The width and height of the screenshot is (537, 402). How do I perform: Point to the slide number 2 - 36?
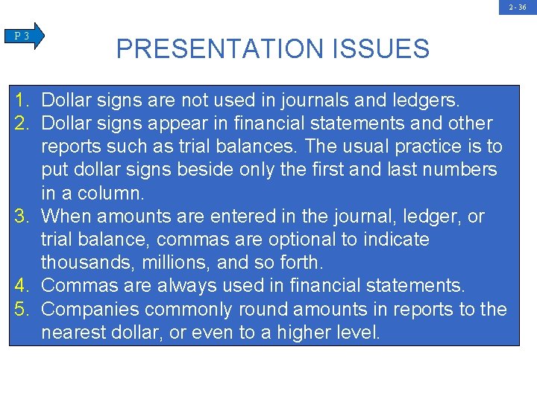click(x=518, y=7)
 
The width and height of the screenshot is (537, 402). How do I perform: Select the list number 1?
click(x=22, y=100)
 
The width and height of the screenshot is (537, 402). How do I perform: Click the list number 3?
click(x=22, y=217)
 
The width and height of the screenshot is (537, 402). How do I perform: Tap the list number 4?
click(x=22, y=285)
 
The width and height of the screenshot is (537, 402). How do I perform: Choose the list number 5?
click(x=22, y=309)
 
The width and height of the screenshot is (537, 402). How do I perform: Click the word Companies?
click(x=92, y=309)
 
